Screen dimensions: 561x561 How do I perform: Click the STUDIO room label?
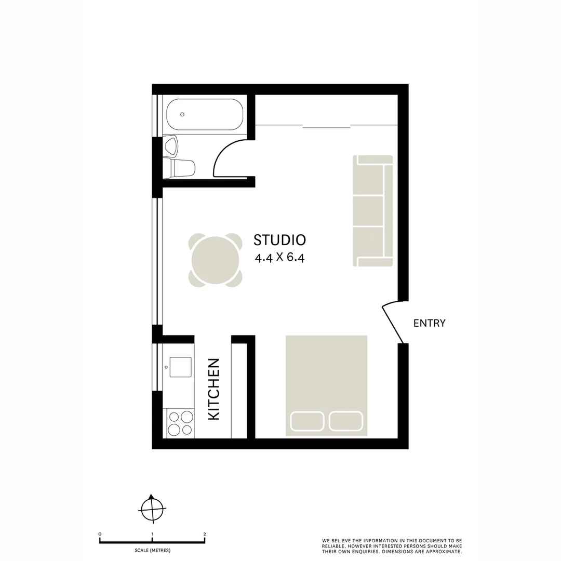tap(279, 240)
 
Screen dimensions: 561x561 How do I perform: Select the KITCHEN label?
tap(214, 389)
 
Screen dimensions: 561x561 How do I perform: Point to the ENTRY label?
tap(429, 323)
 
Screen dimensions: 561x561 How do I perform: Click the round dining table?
tap(216, 260)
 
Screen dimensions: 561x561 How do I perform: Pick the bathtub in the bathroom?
tap(205, 114)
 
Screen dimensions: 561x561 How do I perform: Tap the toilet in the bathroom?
tap(179, 168)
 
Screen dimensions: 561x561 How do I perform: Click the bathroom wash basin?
tap(171, 145)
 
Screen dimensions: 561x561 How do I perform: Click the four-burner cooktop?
tap(179, 423)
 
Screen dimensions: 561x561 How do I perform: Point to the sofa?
tap(373, 210)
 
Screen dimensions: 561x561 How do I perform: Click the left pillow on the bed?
tap(307, 421)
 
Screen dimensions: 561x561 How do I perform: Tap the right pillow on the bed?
tap(346, 421)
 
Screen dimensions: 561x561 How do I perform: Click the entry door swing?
tap(394, 323)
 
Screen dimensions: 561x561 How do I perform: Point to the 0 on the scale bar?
tap(100, 534)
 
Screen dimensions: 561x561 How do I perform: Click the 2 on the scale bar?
tap(205, 534)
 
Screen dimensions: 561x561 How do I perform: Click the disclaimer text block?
tap(392, 546)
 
